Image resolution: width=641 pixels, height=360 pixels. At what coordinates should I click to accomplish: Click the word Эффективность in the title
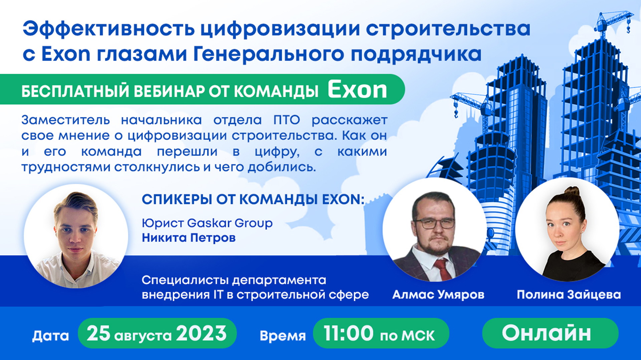(109, 29)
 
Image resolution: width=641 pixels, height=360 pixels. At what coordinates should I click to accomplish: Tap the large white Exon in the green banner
(357, 90)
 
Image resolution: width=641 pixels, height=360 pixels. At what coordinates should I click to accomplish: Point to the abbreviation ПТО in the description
(287, 120)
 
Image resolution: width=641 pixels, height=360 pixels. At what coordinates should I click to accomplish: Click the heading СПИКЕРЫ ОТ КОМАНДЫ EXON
(253, 200)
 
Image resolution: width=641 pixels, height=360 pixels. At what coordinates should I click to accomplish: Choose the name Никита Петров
(189, 238)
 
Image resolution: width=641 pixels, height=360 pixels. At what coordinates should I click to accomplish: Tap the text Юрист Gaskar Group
(207, 223)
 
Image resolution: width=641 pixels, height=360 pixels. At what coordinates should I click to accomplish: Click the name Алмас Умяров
(438, 295)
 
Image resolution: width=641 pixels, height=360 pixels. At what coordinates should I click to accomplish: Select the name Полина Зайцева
(569, 295)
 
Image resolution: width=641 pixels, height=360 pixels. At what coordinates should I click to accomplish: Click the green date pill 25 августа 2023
(157, 333)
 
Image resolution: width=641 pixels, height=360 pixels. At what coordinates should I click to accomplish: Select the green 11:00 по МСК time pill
(381, 333)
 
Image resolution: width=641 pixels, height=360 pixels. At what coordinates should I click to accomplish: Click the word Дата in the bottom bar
(50, 336)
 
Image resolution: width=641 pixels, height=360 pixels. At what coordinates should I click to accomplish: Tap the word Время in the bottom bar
(282, 336)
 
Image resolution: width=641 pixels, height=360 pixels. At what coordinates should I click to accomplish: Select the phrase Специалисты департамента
(234, 280)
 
